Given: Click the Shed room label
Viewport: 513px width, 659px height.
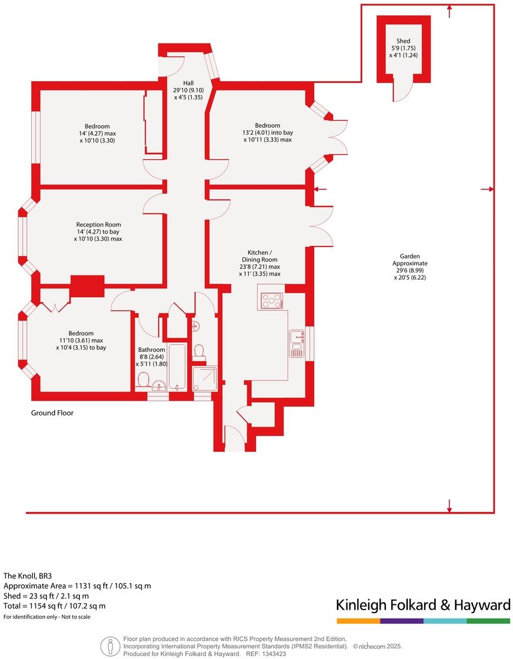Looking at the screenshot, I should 403,41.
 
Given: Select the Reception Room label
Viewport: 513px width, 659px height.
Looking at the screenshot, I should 98,224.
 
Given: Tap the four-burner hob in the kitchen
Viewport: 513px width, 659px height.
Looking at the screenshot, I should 271,301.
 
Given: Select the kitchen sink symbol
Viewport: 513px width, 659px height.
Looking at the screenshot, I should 296,344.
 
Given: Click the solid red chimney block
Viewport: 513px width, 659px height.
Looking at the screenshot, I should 87,285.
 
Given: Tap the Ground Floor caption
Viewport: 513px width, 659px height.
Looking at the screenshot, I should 52,413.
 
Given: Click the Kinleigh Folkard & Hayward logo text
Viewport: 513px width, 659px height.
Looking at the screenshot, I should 422,605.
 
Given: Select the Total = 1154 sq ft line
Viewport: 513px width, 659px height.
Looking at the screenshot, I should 55,605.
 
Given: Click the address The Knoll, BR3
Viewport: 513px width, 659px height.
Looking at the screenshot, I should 32,576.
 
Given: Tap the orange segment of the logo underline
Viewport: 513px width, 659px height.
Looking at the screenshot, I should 358,621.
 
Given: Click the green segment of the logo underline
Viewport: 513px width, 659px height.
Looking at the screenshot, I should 488,621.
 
